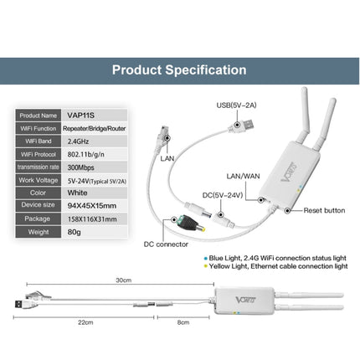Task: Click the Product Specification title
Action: [x=179, y=70]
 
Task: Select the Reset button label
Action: [x=322, y=212]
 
